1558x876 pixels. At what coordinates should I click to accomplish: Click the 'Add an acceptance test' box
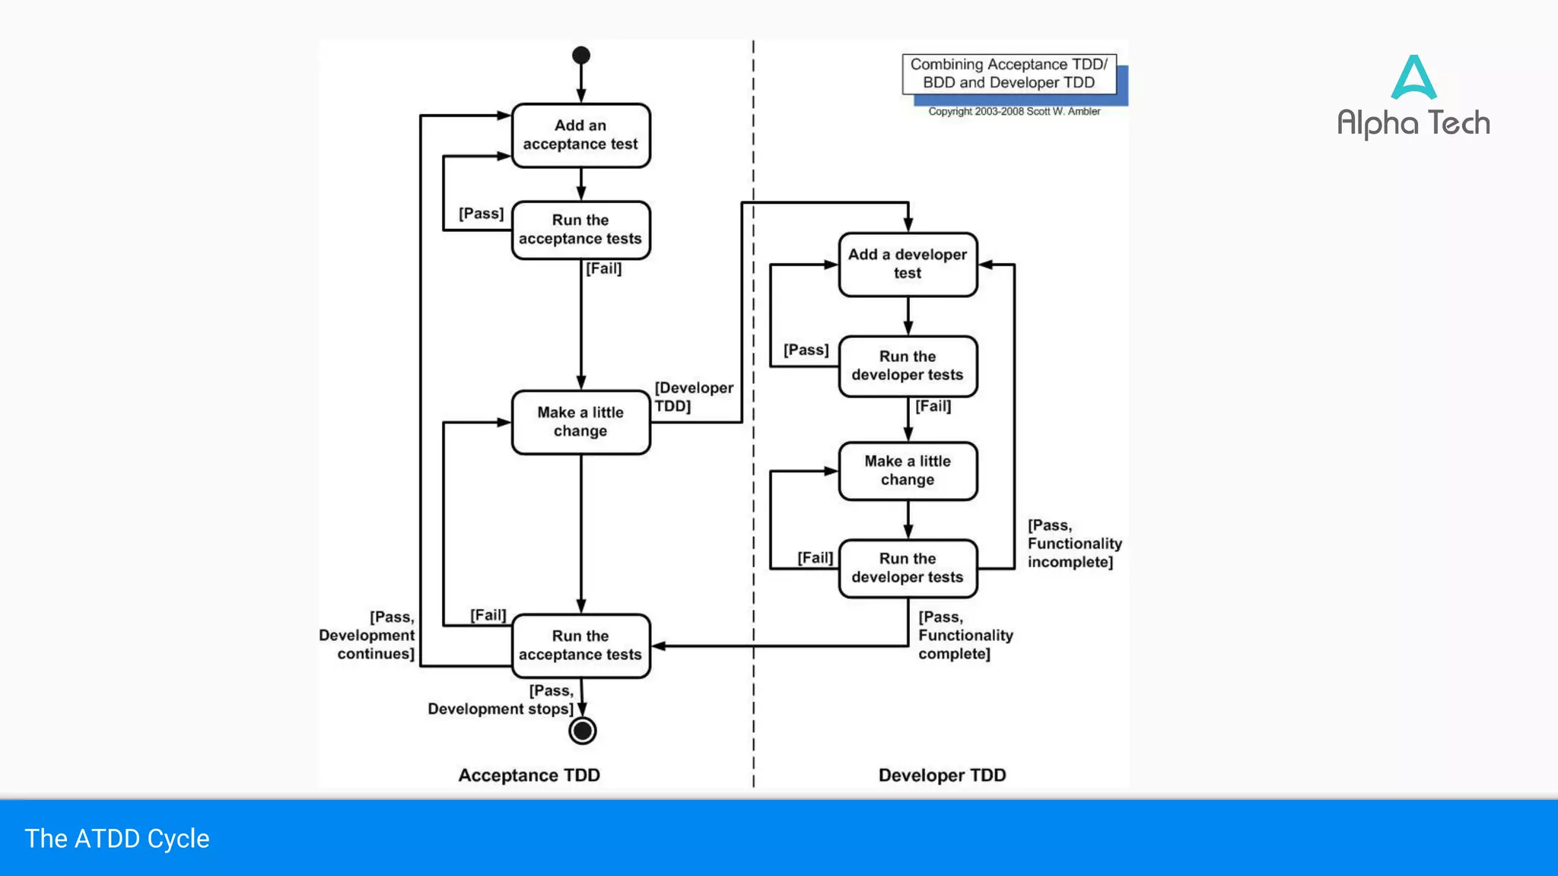point(580,135)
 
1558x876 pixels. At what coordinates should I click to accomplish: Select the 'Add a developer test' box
point(908,264)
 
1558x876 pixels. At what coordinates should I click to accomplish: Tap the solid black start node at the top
point(581,56)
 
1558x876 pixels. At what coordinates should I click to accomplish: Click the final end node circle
point(583,731)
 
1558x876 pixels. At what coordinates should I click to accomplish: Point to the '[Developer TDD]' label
point(693,397)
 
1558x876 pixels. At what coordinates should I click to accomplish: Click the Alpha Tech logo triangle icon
point(1413,78)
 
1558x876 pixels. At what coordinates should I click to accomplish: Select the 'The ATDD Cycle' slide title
point(117,839)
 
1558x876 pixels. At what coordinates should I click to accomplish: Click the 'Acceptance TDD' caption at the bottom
point(529,775)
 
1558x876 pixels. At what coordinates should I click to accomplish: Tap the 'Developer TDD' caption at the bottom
point(942,775)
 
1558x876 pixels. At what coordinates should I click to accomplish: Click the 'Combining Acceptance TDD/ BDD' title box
point(1009,74)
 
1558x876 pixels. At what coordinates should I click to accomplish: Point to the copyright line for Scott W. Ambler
point(1013,112)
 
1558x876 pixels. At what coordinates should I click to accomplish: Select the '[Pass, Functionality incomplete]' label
point(1073,544)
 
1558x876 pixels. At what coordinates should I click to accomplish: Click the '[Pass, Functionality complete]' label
point(965,635)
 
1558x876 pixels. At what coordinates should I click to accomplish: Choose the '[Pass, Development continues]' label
point(368,635)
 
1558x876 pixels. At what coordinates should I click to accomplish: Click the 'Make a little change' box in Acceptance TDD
point(580,422)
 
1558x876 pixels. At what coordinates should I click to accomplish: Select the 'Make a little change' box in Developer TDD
point(908,471)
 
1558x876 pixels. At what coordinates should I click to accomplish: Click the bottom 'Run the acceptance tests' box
point(580,646)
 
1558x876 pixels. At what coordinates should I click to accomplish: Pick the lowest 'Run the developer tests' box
point(908,568)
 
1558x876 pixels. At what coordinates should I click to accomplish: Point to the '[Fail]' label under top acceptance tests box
point(604,268)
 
